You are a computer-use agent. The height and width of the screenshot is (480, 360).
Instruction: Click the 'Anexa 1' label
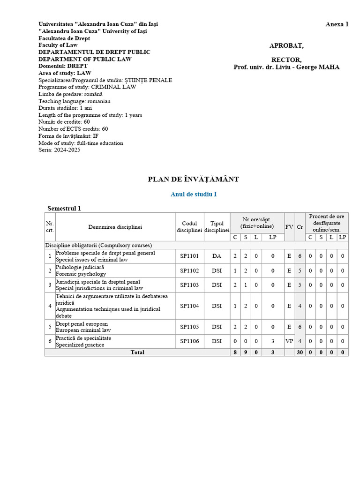[x=337, y=24]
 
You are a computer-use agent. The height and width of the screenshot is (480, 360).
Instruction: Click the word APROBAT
[x=286, y=45]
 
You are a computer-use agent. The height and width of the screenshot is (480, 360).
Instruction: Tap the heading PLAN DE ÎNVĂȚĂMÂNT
[x=194, y=179]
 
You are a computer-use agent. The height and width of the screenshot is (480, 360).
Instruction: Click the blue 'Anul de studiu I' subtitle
[x=194, y=194]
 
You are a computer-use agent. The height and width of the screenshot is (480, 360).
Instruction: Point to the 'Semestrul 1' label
[x=64, y=208]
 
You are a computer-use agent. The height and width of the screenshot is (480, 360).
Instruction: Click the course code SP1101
[x=189, y=256]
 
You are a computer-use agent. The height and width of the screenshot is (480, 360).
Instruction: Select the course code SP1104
[x=189, y=306]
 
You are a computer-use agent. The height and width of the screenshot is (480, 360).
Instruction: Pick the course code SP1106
[x=189, y=341]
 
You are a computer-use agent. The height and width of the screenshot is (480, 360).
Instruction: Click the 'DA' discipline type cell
[x=217, y=256]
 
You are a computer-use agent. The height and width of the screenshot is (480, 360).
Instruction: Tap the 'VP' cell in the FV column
[x=289, y=341]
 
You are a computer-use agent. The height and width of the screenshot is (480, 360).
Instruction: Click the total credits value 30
[x=300, y=352]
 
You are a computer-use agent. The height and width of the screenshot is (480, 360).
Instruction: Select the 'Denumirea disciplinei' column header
[x=115, y=227]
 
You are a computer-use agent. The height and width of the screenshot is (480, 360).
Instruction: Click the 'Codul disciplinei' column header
[x=189, y=227]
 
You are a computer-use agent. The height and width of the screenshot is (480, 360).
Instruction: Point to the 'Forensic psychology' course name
[x=80, y=274]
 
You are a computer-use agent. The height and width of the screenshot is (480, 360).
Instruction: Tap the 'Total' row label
[x=137, y=352]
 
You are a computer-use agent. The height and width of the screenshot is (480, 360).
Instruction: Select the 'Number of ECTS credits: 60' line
[x=73, y=129]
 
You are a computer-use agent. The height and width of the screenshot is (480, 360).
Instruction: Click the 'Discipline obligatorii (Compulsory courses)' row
[x=98, y=245]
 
